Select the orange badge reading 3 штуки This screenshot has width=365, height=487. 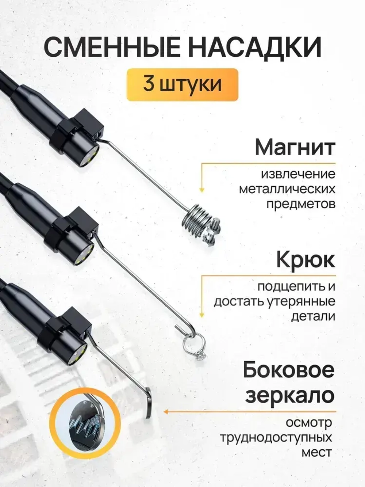pos(182,84)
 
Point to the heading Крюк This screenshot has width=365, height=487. pos(305,260)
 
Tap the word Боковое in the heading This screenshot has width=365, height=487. pos(289,370)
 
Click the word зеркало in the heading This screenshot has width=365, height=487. pos(290,395)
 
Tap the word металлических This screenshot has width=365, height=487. pos(287,189)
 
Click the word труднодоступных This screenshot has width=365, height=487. pos(276,437)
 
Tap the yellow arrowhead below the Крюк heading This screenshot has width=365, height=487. pos(201,314)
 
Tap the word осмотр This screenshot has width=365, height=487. pos(308,423)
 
